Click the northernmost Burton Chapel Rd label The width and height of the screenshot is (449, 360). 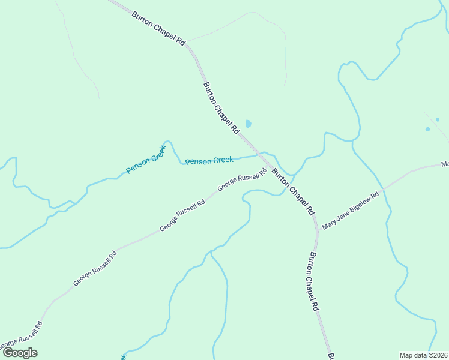click(x=159, y=26)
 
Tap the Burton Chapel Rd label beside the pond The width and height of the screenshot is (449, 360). click(x=222, y=108)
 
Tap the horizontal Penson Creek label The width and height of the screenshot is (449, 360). click(x=209, y=161)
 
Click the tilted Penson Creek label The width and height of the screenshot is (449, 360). click(x=146, y=160)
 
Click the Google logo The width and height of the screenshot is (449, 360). click(x=20, y=353)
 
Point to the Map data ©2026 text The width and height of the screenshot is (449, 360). click(x=424, y=355)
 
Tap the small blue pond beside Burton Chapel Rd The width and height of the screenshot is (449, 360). click(x=248, y=124)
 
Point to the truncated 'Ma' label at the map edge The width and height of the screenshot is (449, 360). click(x=444, y=164)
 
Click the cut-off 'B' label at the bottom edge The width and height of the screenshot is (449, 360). click(x=331, y=356)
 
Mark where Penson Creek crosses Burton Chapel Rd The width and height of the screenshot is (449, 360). click(x=262, y=154)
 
